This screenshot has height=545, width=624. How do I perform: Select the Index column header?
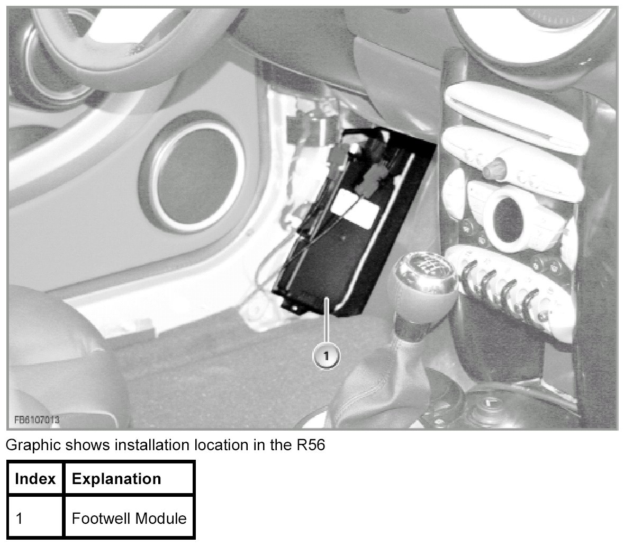(x=35, y=479)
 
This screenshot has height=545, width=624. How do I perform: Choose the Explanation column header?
(x=116, y=479)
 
